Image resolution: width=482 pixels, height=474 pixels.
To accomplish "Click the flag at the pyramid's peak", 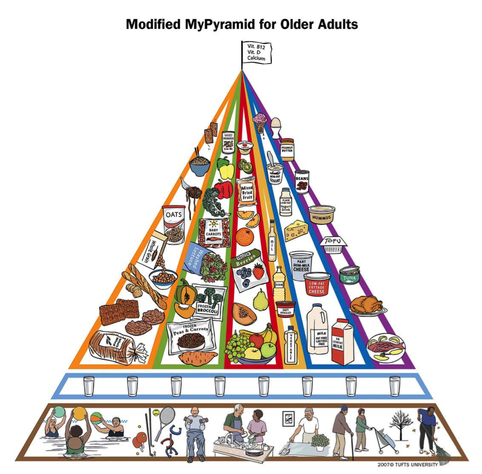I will (256, 52).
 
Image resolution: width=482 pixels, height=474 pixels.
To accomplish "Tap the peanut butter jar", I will (286, 149).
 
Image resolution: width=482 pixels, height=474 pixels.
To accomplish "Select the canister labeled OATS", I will (174, 223).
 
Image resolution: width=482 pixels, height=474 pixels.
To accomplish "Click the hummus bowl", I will (322, 214).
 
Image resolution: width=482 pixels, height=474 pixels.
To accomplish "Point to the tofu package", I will (334, 242).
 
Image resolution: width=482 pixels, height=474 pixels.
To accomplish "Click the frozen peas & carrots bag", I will (191, 335).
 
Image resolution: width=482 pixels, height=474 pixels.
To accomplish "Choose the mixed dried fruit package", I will (246, 194).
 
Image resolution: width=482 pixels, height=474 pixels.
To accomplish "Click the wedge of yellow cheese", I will (296, 230).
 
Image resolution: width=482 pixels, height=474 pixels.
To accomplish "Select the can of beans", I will (301, 181).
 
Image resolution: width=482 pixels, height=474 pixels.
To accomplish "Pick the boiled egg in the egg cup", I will (275, 125).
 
